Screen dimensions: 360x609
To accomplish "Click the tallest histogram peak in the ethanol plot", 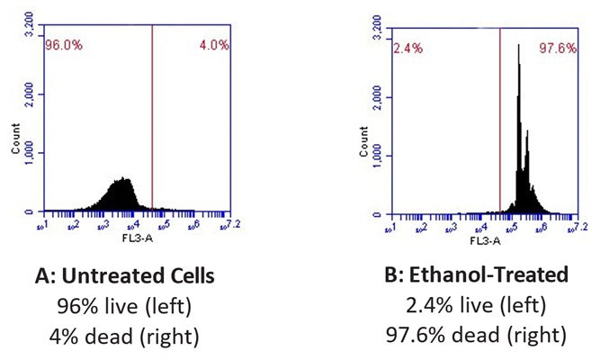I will coord(519,47).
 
